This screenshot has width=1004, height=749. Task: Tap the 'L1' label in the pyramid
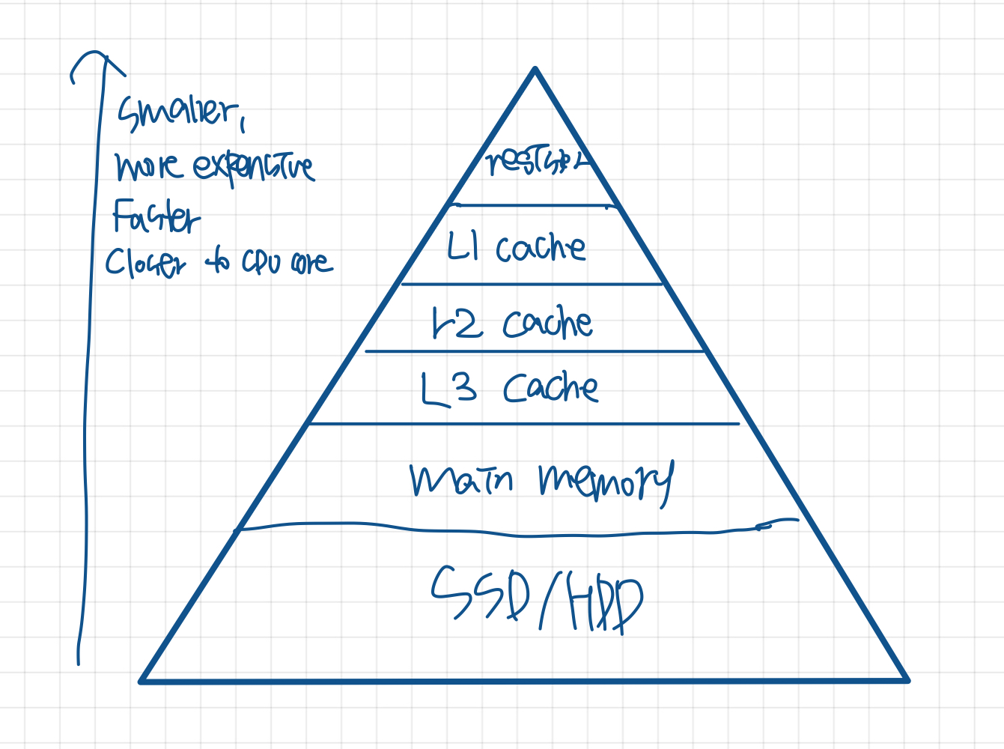(463, 246)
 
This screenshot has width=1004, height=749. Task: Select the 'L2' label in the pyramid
(457, 324)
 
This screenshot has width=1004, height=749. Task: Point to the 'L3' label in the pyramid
(448, 389)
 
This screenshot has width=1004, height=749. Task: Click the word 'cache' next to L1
(541, 247)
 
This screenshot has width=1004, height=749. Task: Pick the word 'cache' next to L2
(547, 324)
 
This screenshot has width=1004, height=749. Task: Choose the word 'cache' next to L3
(550, 388)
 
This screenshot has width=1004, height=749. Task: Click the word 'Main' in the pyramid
(461, 480)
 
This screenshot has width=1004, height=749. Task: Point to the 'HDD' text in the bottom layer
(605, 604)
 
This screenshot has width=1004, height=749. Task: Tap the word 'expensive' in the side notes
(253, 166)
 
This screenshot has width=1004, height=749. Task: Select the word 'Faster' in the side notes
(156, 216)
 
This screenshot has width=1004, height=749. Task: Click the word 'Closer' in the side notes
(144, 263)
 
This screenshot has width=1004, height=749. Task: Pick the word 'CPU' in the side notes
(261, 261)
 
